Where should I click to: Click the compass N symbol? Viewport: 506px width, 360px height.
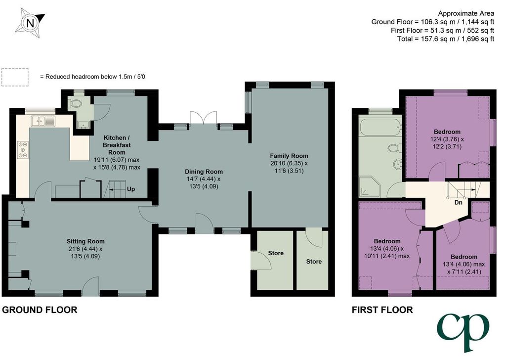[30, 23]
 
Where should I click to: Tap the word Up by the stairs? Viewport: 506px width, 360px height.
[130, 189]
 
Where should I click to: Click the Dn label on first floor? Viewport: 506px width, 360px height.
[458, 202]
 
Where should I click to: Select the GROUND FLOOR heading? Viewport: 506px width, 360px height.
[40, 310]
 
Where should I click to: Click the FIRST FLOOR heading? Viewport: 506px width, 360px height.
[382, 310]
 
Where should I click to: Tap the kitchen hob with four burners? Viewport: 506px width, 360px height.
[23, 150]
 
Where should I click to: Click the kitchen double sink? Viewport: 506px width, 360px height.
[43, 121]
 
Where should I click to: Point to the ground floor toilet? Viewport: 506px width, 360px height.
[76, 103]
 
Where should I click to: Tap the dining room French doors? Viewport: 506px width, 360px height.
[203, 118]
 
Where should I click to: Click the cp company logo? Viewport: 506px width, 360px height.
[464, 331]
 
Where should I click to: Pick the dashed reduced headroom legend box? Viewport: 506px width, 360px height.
[15, 77]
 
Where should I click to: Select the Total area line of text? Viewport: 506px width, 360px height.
[446, 39]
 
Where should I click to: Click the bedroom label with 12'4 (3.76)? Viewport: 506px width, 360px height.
[447, 139]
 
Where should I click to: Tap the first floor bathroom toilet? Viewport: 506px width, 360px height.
[395, 148]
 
